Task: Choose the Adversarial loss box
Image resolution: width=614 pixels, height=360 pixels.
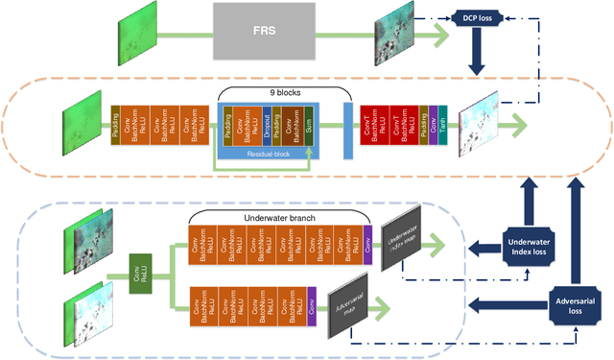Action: [578, 306]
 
